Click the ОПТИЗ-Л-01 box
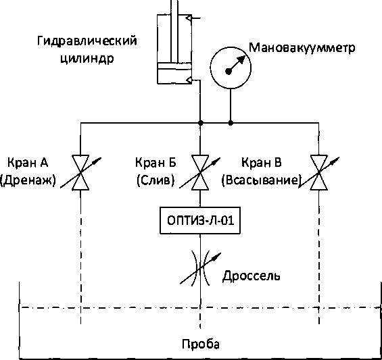pos(200,221)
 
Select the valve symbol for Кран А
pos(80,172)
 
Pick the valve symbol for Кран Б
pos(200,172)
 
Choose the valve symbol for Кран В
pos(319,172)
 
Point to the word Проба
pos(201,344)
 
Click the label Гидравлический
pos(87,41)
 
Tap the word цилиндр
pos(87,59)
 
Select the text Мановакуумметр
pos(302,48)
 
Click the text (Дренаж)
pos(28,180)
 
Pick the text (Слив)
pos(156,180)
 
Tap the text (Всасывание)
pos(260,180)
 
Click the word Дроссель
pos(252,276)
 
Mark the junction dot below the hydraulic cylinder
pos(201,123)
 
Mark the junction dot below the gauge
pos(231,123)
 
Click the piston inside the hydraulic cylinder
pos(174,66)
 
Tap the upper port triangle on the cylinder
pos(189,18)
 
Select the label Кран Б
pos(156,163)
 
